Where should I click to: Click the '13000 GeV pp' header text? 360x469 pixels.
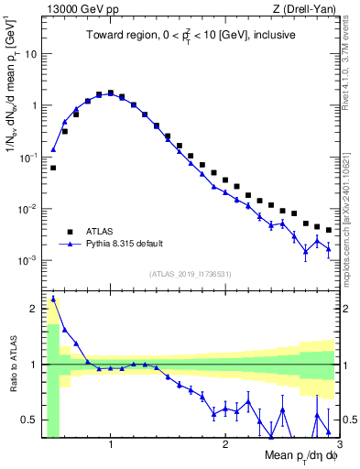tap(75, 9)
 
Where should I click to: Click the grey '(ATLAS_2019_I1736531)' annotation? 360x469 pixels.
tap(190, 273)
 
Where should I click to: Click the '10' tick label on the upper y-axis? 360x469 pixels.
tap(29, 53)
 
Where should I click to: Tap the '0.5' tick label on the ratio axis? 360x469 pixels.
tap(28, 420)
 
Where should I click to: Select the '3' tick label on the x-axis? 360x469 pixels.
tap(339, 445)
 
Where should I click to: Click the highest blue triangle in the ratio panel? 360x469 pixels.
tap(53, 298)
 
